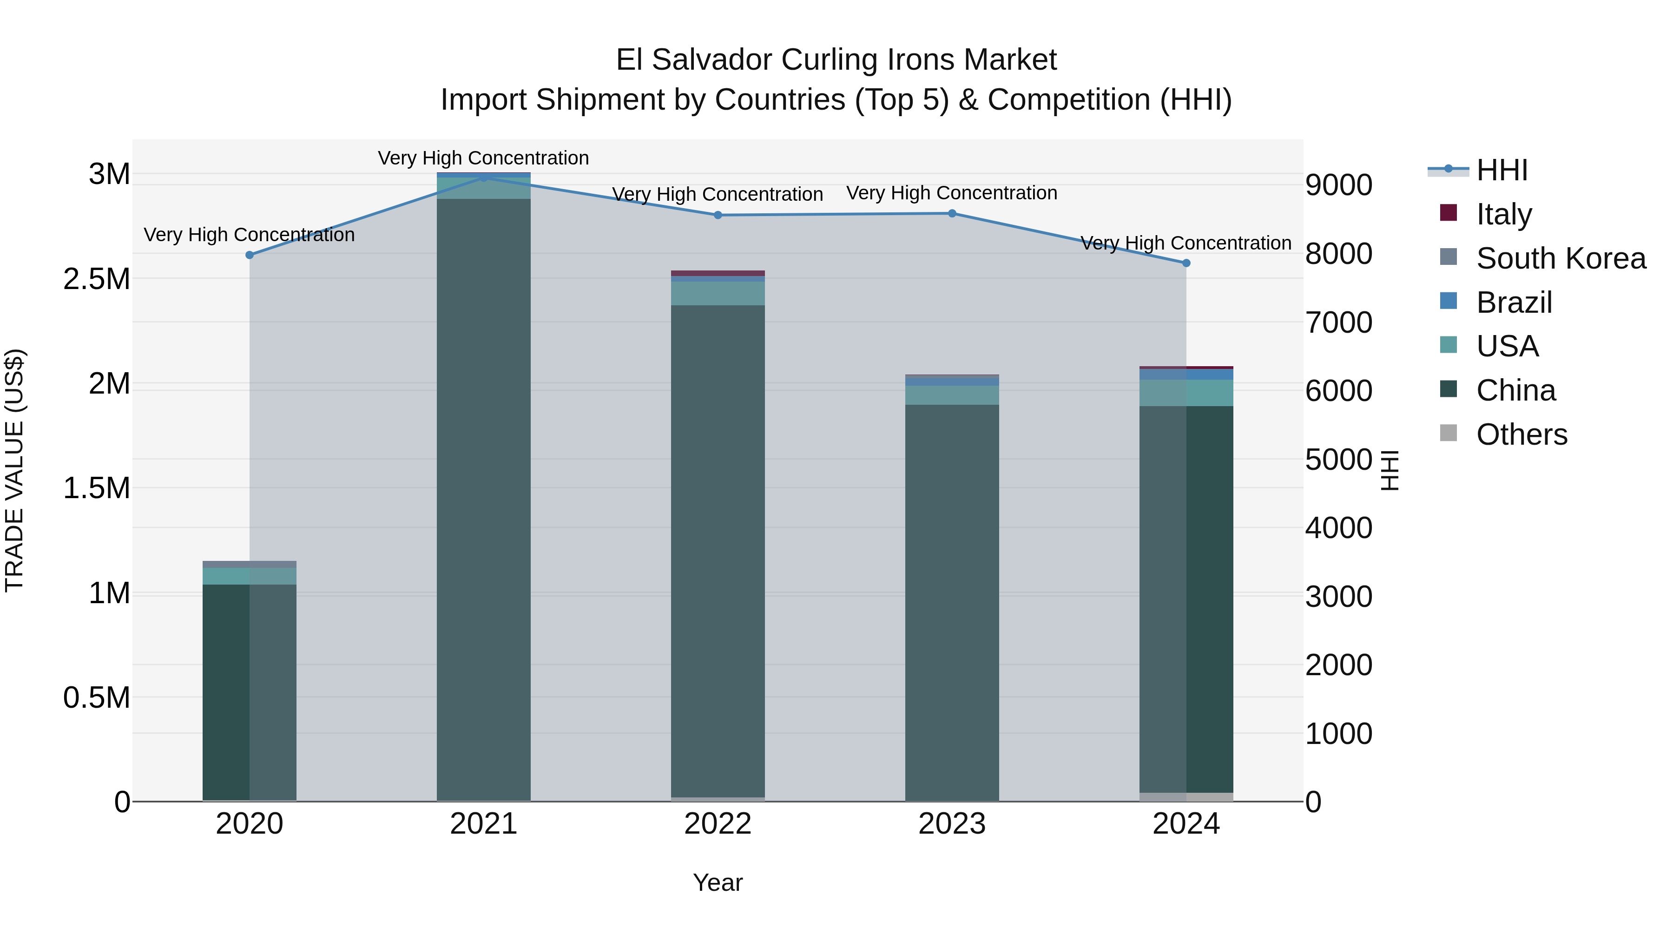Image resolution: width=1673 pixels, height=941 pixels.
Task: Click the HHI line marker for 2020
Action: pyautogui.click(x=250, y=255)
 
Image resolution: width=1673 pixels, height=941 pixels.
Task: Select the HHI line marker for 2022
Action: pyautogui.click(x=718, y=215)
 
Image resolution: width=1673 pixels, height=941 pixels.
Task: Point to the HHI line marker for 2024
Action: pyautogui.click(x=1186, y=263)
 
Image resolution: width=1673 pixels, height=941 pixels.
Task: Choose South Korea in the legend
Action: pyautogui.click(x=1561, y=258)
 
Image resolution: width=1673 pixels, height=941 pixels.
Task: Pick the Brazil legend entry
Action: pyautogui.click(x=1514, y=303)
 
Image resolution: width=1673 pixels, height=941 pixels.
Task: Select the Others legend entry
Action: pyautogui.click(x=1521, y=434)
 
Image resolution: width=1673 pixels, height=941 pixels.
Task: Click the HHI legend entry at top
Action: pyautogui.click(x=1502, y=170)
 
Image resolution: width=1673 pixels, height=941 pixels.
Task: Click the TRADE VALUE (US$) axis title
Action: pyautogui.click(x=15, y=470)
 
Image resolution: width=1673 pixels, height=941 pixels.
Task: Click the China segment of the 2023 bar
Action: pyautogui.click(x=952, y=598)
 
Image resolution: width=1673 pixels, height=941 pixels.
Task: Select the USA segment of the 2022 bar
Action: pyautogui.click(x=718, y=294)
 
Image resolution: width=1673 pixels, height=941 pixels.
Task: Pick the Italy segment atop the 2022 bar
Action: pyautogui.click(x=718, y=273)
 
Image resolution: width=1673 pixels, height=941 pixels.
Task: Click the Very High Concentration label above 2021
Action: pyautogui.click(x=483, y=158)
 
